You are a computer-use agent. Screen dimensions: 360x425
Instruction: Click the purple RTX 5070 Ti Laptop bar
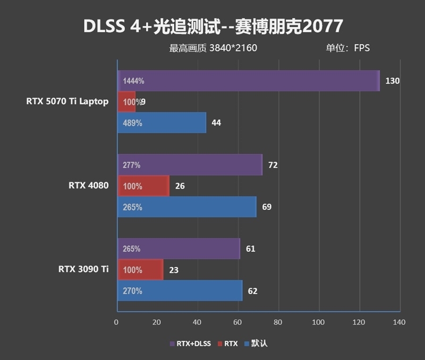[248, 81]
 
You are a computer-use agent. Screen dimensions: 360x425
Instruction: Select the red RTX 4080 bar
[143, 186]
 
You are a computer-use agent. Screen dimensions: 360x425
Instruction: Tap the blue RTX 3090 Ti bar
[180, 291]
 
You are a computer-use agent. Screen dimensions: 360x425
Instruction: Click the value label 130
[392, 81]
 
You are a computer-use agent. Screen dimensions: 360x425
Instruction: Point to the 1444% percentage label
[133, 81]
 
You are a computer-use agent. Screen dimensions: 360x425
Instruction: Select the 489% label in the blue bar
[132, 123]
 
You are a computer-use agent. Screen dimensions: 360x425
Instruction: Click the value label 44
[216, 123]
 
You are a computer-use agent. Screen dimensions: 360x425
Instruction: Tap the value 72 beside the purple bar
[273, 165]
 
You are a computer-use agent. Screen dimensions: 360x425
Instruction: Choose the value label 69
[267, 207]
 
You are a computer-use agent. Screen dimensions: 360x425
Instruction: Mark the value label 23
[173, 270]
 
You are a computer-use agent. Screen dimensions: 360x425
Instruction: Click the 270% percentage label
[132, 291]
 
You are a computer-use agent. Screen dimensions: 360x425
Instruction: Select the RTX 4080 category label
[88, 186]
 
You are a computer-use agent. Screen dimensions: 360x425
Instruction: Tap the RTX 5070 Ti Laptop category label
[67, 101]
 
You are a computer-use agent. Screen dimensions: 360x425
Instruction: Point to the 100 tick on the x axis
[318, 322]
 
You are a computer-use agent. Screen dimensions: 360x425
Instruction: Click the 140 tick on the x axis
[399, 322]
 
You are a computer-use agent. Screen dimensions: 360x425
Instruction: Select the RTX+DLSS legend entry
[190, 344]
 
